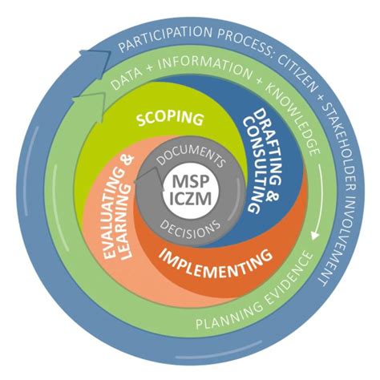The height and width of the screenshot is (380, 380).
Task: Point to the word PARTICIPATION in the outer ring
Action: [x=160, y=38]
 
